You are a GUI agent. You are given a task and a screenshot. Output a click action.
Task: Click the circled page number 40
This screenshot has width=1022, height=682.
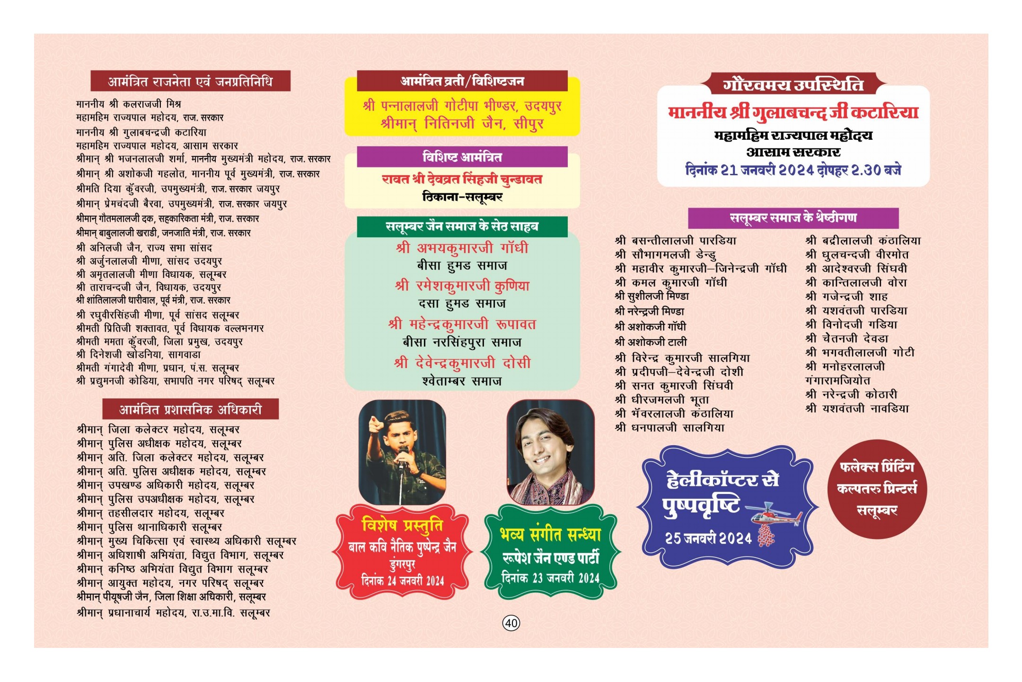tap(511, 623)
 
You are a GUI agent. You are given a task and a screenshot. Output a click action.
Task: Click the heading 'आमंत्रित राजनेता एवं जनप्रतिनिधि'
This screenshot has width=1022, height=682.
tap(190, 81)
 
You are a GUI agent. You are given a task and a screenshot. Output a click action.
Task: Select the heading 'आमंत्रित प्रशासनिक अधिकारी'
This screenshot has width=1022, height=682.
tap(190, 410)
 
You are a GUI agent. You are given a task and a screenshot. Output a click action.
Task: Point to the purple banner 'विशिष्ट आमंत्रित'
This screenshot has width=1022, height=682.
tap(462, 157)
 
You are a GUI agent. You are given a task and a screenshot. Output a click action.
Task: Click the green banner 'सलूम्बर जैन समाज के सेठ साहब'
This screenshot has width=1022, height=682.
tap(462, 226)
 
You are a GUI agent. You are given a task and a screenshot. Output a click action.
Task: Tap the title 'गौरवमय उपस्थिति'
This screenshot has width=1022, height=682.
tap(793, 84)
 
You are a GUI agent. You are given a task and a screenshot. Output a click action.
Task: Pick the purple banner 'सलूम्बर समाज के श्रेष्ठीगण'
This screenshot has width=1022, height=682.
tap(793, 218)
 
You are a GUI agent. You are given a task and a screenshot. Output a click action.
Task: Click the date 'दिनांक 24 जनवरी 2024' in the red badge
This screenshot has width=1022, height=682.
tap(403, 581)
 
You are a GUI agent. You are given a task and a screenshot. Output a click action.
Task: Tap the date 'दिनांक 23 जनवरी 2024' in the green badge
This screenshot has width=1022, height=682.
tap(550, 578)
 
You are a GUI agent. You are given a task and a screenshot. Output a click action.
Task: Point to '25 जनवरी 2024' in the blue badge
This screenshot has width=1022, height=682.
tap(708, 538)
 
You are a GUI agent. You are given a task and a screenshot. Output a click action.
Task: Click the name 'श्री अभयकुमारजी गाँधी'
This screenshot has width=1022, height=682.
tap(462, 248)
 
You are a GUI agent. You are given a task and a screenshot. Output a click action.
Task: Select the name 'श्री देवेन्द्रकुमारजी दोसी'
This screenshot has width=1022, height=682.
tap(462, 363)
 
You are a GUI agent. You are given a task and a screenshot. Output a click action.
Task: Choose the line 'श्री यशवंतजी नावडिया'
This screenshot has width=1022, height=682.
tap(857, 408)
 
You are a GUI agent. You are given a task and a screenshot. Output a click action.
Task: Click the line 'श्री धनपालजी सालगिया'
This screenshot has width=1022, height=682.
tap(670, 428)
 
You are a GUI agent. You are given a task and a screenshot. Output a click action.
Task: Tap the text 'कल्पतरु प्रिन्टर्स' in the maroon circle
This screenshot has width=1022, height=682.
tap(877, 488)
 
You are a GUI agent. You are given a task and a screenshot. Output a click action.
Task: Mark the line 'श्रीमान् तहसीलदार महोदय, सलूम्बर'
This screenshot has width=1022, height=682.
tap(150, 513)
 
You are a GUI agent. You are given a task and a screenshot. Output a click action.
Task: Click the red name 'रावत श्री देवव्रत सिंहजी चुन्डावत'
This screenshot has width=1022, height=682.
tap(462, 179)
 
